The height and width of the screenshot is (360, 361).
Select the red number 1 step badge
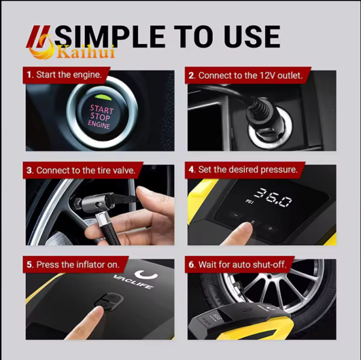point(29,76)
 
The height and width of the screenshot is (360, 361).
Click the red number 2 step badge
point(192,76)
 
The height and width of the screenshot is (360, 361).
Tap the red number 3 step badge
point(29,170)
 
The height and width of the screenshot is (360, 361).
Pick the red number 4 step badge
point(192,170)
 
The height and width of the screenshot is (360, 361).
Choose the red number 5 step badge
point(29,264)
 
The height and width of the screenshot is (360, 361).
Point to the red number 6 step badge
point(192,264)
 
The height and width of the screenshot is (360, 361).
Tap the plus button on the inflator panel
point(270,229)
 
